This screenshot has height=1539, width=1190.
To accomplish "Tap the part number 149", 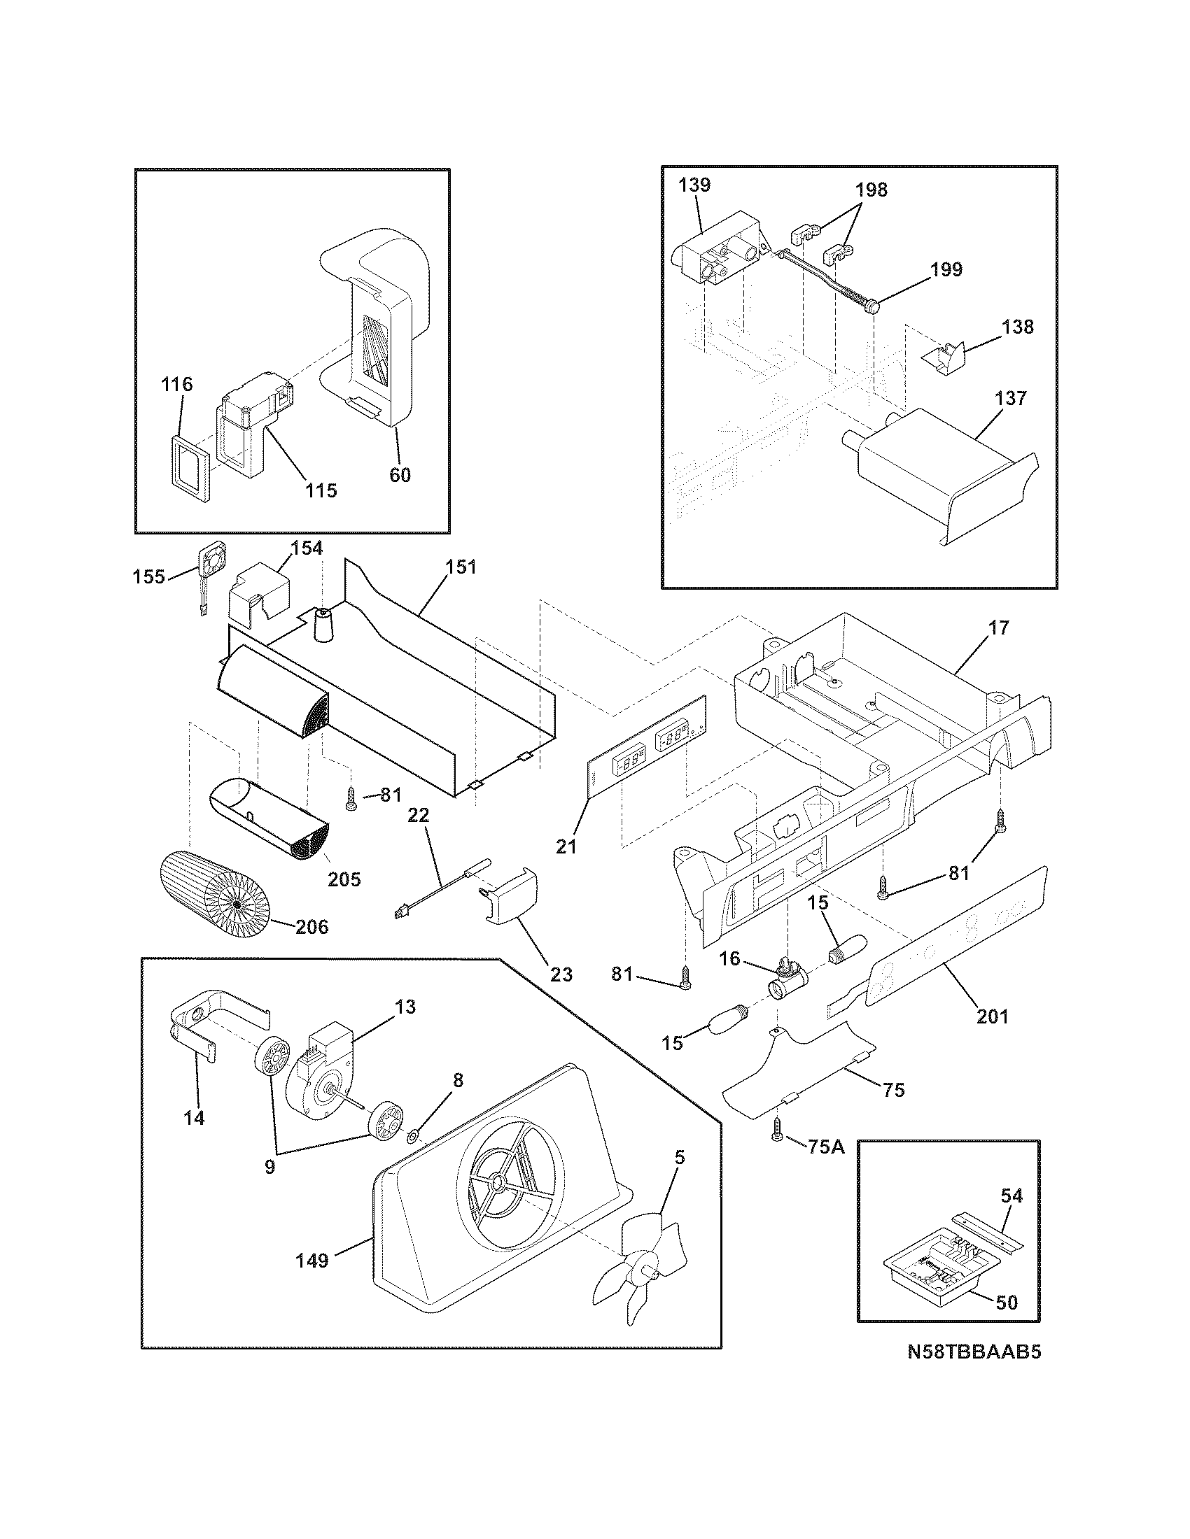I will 311,1260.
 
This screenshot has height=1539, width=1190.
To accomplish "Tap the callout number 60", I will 400,475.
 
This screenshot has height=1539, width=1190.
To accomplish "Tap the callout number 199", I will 946,270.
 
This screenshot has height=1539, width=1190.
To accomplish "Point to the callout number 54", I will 1011,1195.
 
